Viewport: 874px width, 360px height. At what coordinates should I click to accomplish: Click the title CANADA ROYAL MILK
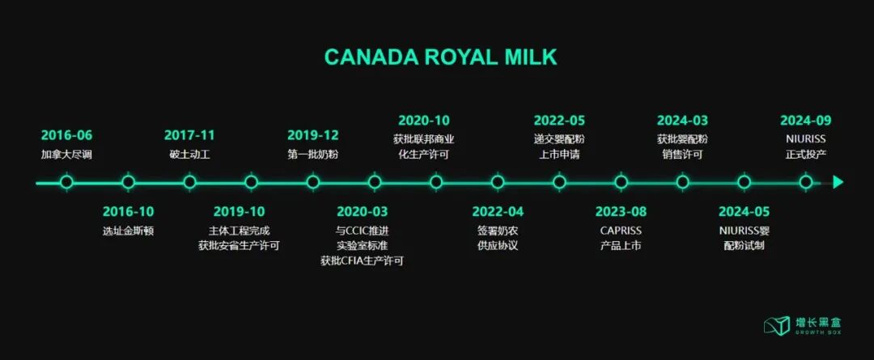click(440, 57)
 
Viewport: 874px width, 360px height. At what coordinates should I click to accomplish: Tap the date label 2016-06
click(66, 135)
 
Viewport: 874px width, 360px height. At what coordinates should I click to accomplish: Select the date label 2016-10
click(128, 212)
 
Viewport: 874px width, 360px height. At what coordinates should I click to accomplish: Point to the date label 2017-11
click(189, 135)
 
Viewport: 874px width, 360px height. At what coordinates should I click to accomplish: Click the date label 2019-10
click(239, 212)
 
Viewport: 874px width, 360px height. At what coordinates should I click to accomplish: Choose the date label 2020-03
click(362, 212)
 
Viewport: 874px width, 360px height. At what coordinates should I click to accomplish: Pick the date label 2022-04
click(498, 212)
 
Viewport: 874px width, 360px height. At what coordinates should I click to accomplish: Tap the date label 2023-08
click(621, 212)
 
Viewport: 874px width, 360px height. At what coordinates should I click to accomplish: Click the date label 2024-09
click(805, 121)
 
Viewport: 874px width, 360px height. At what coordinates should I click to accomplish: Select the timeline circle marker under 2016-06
click(66, 182)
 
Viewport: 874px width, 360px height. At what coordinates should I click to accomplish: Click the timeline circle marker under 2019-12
click(313, 182)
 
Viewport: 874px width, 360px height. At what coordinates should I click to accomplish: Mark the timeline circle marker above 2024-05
click(744, 182)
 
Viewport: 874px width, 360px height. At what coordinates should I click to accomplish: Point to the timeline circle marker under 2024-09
click(805, 182)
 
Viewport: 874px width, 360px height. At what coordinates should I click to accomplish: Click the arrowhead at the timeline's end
click(838, 182)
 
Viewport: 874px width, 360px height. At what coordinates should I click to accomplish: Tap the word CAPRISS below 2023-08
click(621, 230)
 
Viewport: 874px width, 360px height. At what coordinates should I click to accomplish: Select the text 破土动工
click(189, 154)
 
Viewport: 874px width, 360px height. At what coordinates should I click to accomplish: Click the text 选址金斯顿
click(128, 231)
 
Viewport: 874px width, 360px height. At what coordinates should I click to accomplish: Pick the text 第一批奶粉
click(313, 154)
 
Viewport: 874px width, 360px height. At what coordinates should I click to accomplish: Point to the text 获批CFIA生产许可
click(362, 260)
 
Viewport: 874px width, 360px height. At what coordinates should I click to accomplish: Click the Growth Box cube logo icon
click(777, 325)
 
